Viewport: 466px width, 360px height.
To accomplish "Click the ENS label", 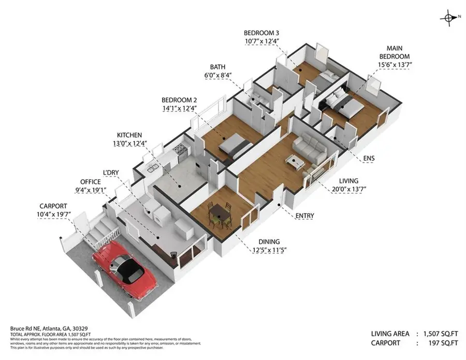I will pos(369,158).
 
